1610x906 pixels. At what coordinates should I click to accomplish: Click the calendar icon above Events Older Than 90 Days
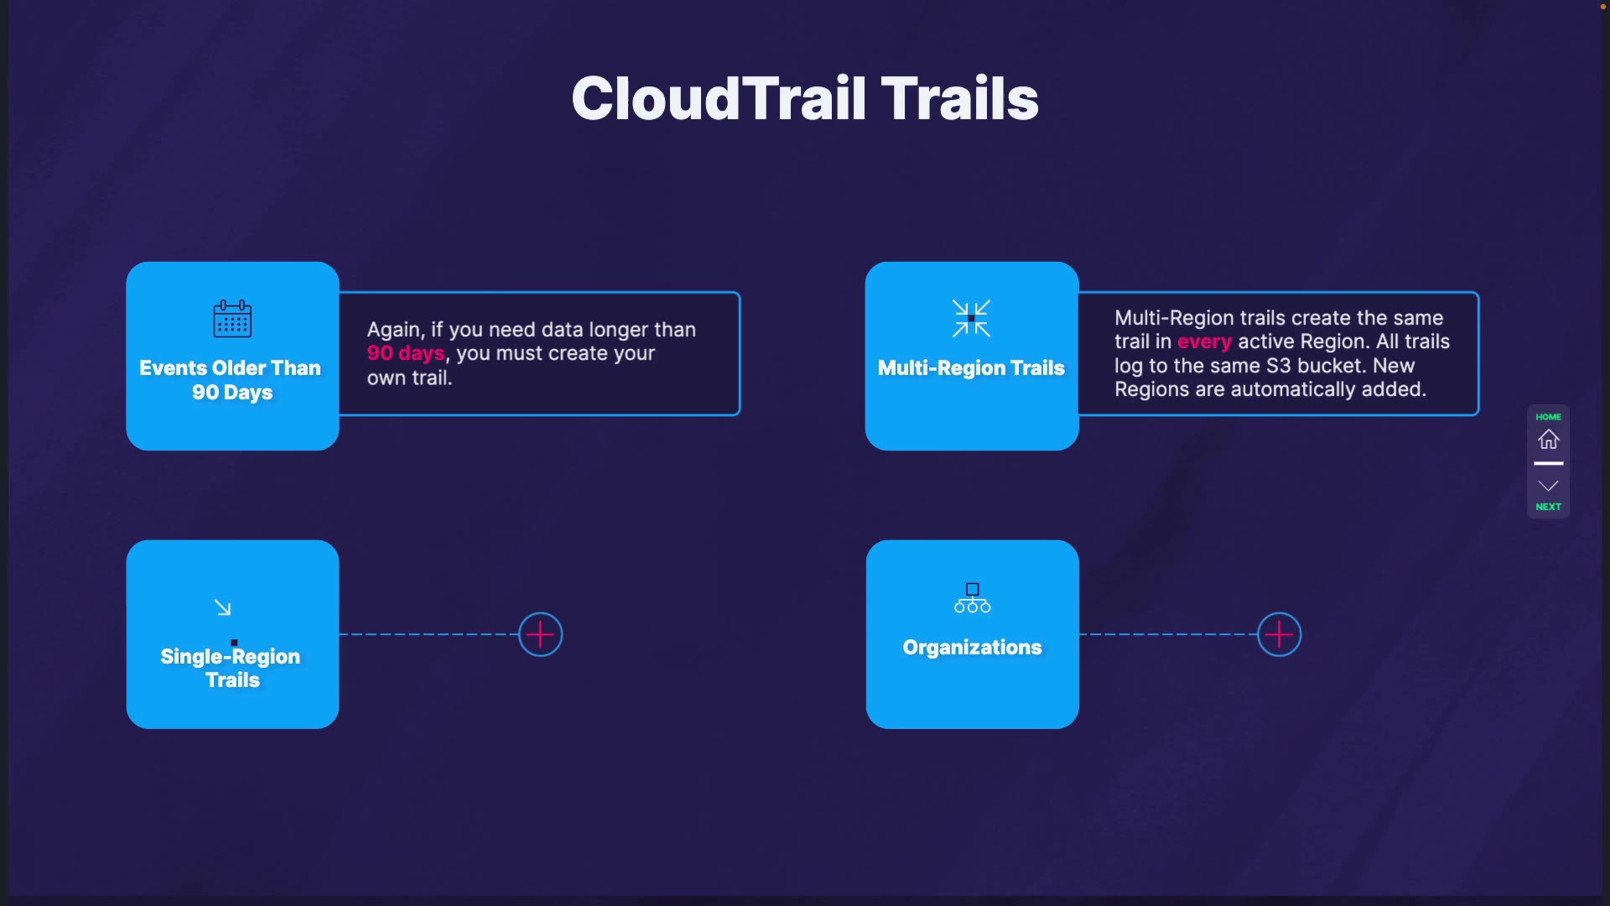232,319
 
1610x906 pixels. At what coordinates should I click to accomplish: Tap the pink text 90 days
405,353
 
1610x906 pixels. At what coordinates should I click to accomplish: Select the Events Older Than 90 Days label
231,380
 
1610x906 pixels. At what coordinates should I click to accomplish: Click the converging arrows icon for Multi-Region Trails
971,319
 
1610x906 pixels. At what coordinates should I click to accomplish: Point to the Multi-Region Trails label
971,368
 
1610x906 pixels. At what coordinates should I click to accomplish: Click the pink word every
1204,342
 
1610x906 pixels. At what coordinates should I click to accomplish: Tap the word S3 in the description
1278,366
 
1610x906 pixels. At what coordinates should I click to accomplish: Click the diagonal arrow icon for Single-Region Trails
222,607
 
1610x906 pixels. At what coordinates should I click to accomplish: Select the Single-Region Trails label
231,668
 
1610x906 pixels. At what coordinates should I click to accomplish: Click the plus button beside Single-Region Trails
540,634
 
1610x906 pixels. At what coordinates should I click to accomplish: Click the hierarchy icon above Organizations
972,598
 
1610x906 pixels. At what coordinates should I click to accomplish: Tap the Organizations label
972,648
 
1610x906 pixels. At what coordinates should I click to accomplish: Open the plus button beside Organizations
1279,634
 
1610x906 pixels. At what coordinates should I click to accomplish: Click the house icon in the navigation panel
1548,440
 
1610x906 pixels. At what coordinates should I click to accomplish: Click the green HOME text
1548,417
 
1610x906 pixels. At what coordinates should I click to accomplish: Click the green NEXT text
1548,507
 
